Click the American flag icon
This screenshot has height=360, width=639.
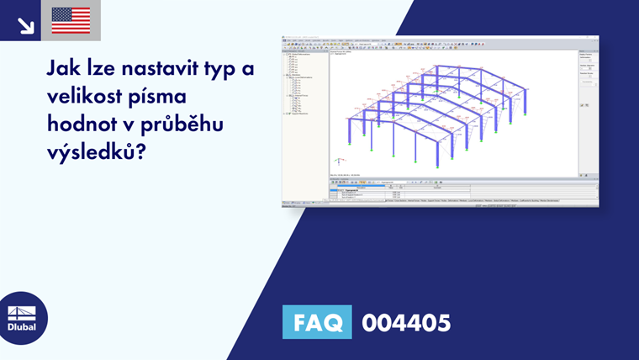pos(71,20)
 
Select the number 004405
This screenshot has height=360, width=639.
pos(406,322)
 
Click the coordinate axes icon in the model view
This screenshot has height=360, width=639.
pos(339,160)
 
